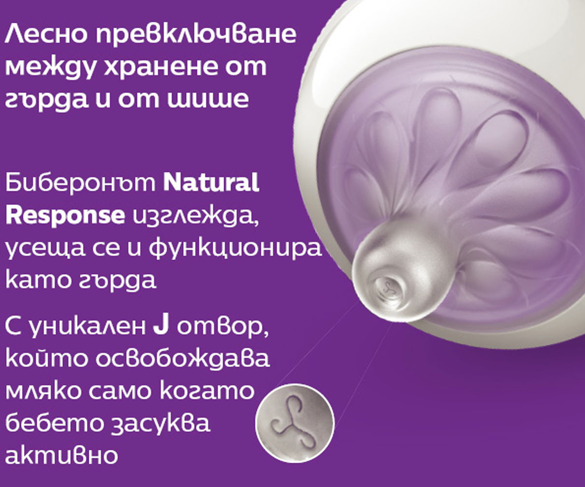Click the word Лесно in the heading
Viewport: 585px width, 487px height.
point(45,36)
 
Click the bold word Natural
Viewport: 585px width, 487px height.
point(211,183)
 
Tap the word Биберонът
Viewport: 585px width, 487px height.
point(80,183)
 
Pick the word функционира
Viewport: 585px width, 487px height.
point(235,249)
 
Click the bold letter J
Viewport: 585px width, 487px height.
point(161,326)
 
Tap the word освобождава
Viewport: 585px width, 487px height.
point(183,358)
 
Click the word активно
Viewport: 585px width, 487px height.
point(61,455)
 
